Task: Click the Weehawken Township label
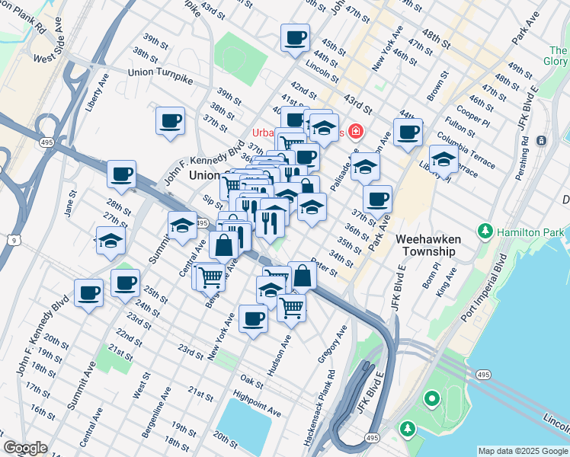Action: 427,244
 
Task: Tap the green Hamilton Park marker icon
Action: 484,231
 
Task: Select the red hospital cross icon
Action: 354,131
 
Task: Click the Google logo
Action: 25,448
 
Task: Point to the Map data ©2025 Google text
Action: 523,451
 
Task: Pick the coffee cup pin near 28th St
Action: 121,174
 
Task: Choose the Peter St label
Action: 325,269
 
